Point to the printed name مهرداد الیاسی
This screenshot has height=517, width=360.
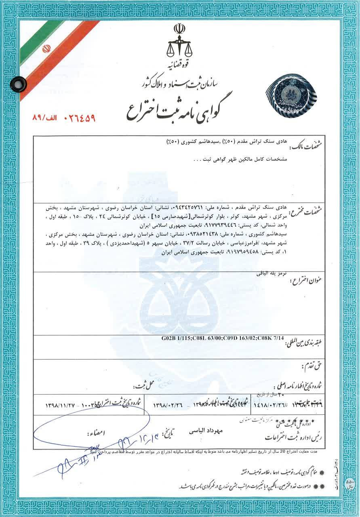tap(206, 431)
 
